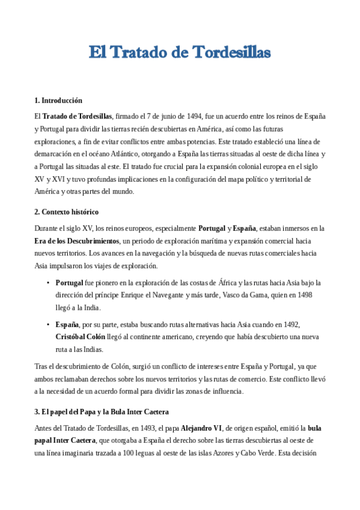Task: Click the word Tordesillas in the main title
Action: [x=232, y=53]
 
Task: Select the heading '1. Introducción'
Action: [x=58, y=100]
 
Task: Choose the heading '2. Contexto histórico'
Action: [x=67, y=212]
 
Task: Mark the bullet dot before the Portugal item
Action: [x=48, y=283]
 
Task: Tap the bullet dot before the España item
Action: [x=48, y=324]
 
